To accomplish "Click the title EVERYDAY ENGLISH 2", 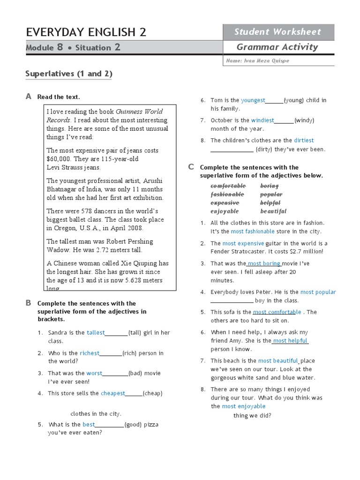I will (86, 32).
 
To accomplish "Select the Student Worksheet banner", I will (277, 32).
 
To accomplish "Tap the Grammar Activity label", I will (277, 47).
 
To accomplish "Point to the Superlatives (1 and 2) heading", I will (68, 74).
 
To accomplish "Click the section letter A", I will (28, 97).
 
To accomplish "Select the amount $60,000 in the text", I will (59, 159).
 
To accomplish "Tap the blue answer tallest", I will (96, 333).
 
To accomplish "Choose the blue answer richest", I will (90, 353).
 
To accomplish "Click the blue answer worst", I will (94, 373).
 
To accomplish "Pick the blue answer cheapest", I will (112, 393).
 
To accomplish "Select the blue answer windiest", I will (262, 120).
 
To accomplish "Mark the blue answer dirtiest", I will (304, 140).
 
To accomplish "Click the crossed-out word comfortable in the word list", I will (228, 186).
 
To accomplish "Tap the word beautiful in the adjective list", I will (273, 211).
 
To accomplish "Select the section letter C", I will (191, 167).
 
